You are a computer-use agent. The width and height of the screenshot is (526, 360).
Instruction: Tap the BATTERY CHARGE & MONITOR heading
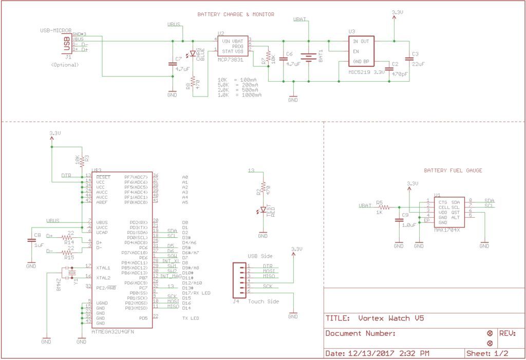tap(236, 14)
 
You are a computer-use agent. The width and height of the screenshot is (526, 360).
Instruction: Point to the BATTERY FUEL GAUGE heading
tap(453, 170)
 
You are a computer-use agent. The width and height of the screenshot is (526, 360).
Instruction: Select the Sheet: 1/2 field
tap(487, 353)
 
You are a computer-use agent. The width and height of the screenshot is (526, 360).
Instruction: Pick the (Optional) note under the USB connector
tap(65, 65)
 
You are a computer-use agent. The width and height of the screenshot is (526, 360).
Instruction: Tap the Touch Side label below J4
tap(264, 301)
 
